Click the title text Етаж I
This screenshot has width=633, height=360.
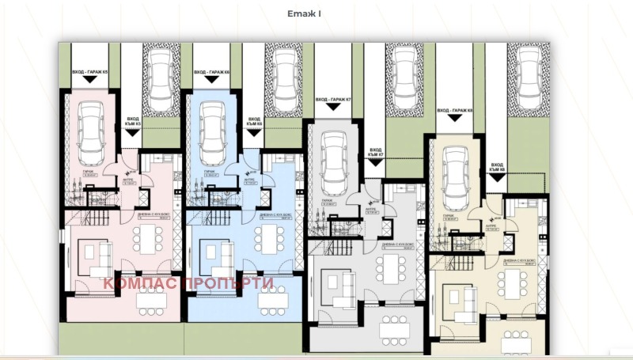click(304, 13)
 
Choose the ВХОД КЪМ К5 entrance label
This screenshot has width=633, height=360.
click(133, 120)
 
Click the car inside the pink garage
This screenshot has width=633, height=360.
click(91, 131)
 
